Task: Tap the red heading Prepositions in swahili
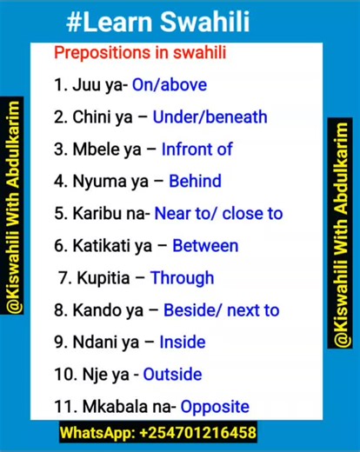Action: point(140,52)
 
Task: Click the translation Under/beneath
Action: point(210,116)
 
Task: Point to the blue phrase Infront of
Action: point(197,149)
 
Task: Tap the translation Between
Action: point(205,245)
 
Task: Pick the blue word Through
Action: point(182,278)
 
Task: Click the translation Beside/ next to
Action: point(221,310)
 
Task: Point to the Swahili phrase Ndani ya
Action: point(107,342)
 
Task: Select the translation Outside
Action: point(172,375)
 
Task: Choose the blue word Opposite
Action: point(216,407)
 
